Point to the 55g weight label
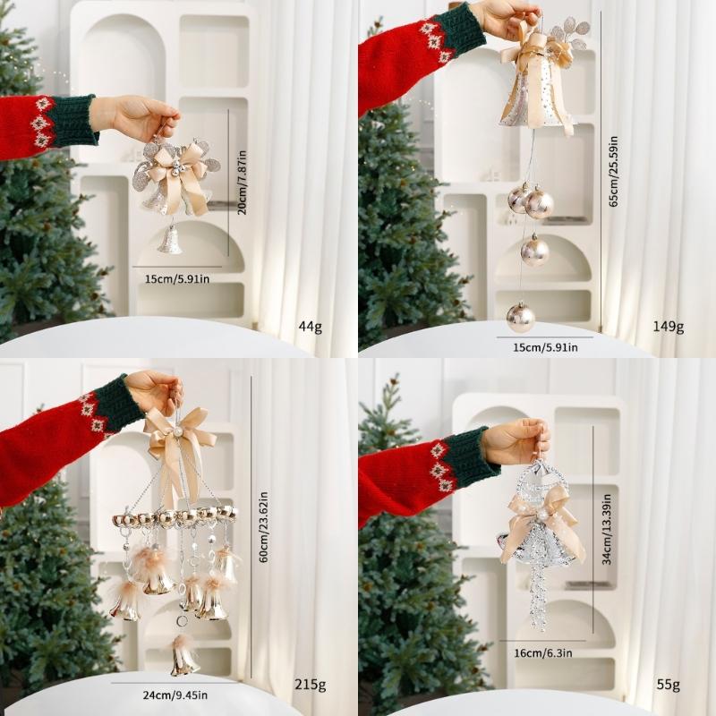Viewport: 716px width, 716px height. [668, 686]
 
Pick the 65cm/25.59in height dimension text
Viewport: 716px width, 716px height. [613, 172]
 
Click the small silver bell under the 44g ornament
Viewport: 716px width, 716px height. [170, 240]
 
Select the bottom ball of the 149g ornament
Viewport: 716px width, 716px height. [520, 316]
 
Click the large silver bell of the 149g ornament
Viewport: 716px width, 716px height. [535, 98]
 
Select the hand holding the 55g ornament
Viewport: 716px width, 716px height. [515, 441]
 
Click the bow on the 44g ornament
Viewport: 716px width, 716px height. [179, 175]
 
